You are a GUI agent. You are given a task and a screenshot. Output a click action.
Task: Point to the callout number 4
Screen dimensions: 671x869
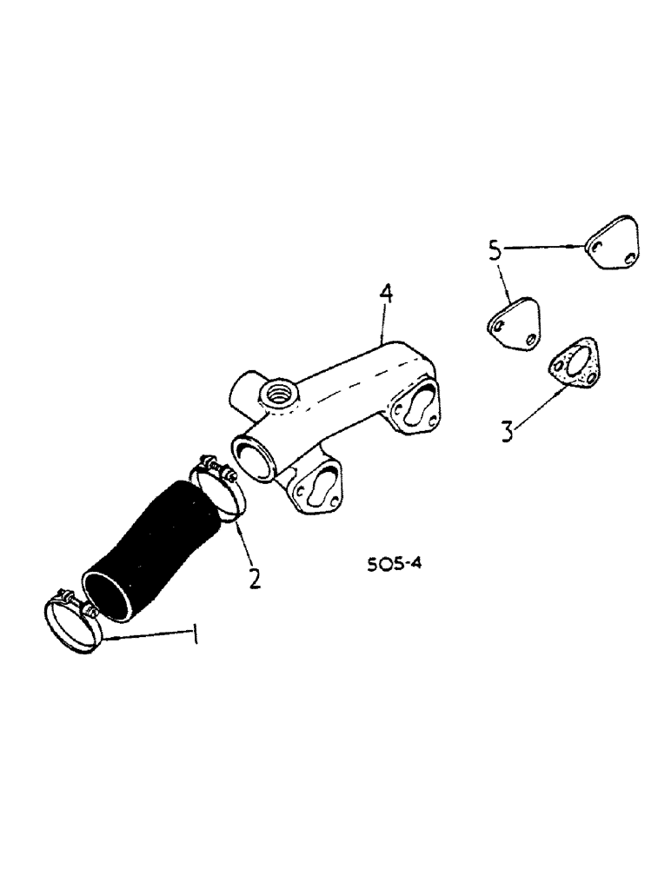point(385,295)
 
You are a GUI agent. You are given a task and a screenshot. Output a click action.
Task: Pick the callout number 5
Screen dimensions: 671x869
point(494,252)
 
